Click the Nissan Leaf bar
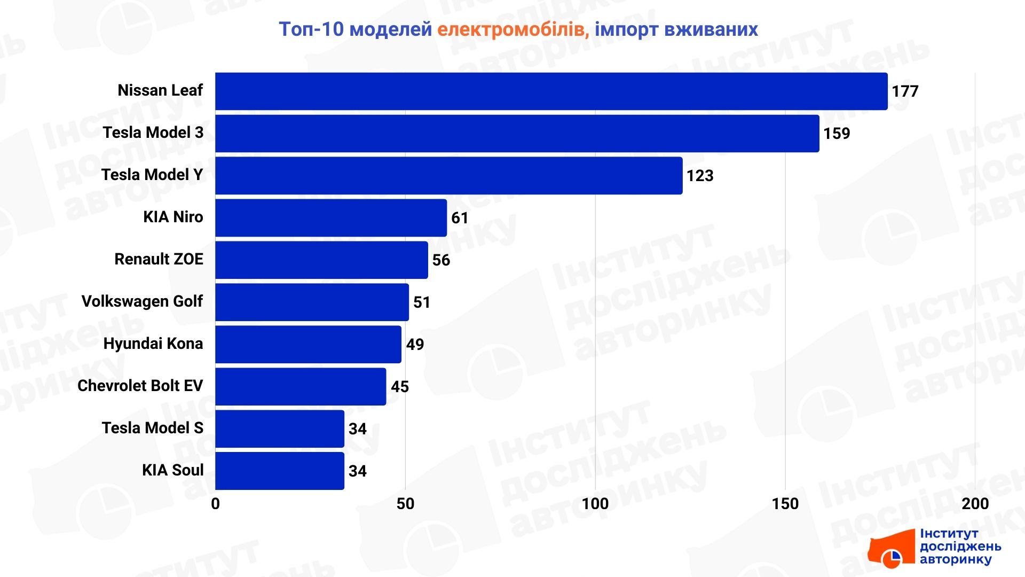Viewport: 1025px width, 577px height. pos(551,91)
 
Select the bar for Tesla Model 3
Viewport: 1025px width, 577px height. pos(517,134)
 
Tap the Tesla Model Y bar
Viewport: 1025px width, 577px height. pos(448,176)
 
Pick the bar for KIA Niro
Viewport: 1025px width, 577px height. pos(331,218)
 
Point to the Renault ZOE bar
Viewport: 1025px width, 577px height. pos(321,260)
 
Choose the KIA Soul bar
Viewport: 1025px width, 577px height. pos(279,471)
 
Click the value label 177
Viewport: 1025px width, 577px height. pos(905,91)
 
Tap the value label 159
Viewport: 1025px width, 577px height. pos(837,134)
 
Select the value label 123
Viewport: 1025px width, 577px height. pos(700,176)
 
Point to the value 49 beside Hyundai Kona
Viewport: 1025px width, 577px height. pos(415,345)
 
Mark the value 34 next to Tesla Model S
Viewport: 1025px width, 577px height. pos(357,429)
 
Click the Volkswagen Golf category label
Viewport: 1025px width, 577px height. pos(142,301)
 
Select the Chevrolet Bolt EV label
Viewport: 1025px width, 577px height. pos(140,386)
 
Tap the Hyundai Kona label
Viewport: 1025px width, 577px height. pos(153,344)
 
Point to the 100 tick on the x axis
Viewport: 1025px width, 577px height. pos(595,504)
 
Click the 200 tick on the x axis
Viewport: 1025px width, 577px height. pos(975,504)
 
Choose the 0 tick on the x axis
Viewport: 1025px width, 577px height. pos(215,504)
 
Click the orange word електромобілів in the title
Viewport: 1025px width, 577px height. pos(513,29)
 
